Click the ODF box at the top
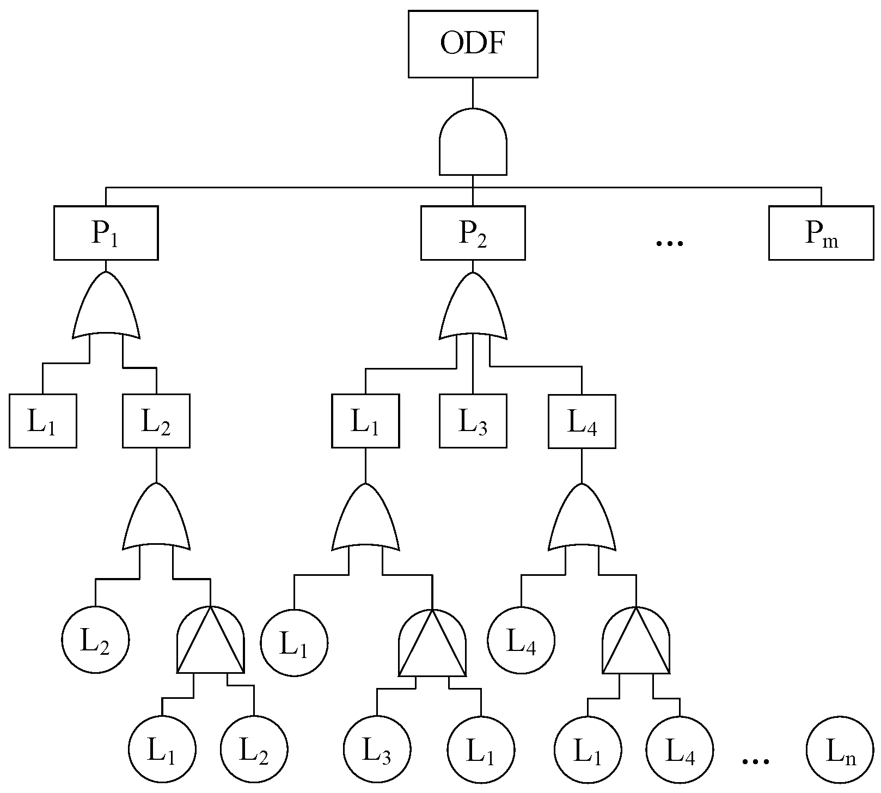[x=473, y=44]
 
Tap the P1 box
[x=106, y=233]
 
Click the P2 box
[x=473, y=233]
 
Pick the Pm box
[x=821, y=233]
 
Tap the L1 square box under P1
[x=42, y=421]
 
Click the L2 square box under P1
[x=156, y=421]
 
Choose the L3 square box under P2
[x=473, y=421]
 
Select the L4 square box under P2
[x=582, y=421]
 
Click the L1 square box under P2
[x=365, y=421]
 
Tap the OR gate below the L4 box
[x=582, y=520]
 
